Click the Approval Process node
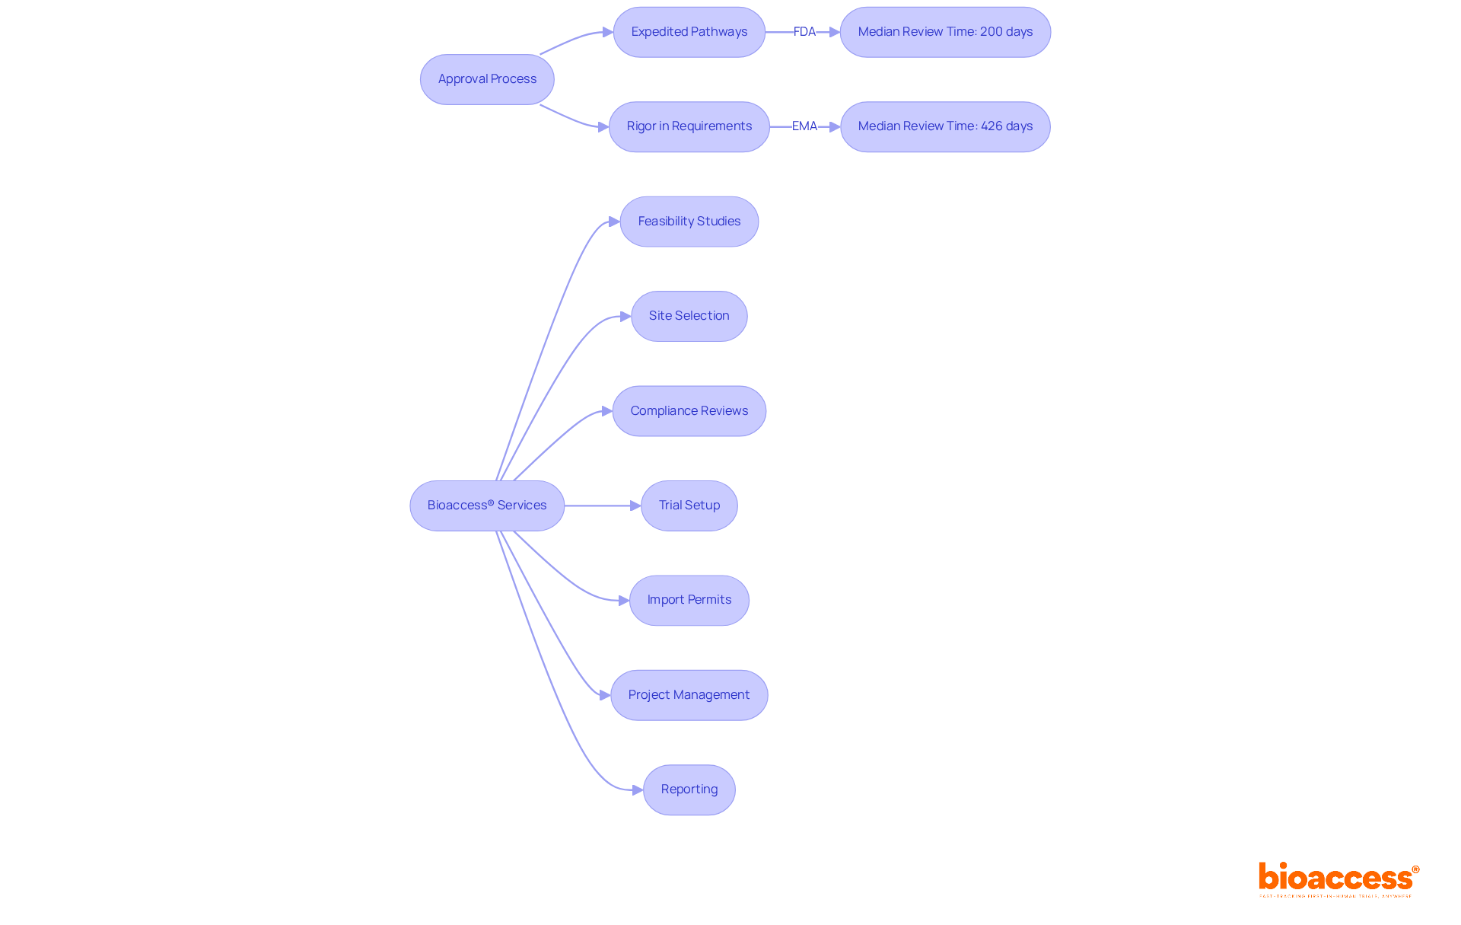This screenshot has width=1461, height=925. click(487, 79)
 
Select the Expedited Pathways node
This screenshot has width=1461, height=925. click(689, 32)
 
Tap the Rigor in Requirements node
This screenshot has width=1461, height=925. click(689, 126)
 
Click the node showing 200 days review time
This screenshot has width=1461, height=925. click(945, 32)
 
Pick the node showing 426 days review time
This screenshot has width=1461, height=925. click(945, 126)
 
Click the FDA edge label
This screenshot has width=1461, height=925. click(804, 32)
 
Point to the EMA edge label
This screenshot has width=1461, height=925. click(804, 126)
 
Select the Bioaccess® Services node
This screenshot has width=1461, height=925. click(487, 506)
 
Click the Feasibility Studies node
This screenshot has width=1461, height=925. click(689, 222)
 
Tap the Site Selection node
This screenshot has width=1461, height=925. click(689, 316)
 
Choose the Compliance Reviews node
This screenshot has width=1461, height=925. click(689, 411)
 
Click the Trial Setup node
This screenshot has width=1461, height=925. click(689, 506)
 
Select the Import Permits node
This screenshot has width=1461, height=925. click(689, 600)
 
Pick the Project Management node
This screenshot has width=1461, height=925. click(689, 695)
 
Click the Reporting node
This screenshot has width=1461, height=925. click(689, 789)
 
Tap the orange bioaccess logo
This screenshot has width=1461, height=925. click(1338, 879)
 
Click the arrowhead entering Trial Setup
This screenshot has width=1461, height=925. click(635, 506)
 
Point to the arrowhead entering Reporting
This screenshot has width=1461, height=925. click(638, 790)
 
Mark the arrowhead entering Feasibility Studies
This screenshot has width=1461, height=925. click(614, 222)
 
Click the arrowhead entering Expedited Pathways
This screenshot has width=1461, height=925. click(608, 32)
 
